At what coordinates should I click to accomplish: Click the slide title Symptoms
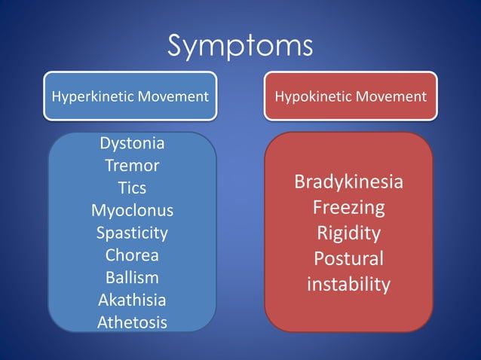[x=240, y=46]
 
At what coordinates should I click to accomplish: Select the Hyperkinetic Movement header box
[x=130, y=96]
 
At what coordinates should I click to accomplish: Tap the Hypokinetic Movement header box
[x=350, y=96]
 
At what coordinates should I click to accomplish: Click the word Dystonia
[x=132, y=142]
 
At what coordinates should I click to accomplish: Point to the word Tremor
[x=132, y=165]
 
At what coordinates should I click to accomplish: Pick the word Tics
[x=132, y=188]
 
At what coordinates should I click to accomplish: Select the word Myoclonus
[x=132, y=209]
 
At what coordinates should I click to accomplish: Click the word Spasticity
[x=132, y=232]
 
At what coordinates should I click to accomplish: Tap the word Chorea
[x=132, y=255]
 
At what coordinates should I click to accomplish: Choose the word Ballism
[x=132, y=277]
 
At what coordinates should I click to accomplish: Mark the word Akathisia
[x=132, y=300]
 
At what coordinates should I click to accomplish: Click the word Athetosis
[x=132, y=322]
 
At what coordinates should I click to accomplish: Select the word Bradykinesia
[x=348, y=182]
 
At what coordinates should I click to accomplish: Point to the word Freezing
[x=348, y=207]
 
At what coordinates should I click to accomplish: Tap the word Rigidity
[x=348, y=233]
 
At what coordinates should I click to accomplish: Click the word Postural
[x=348, y=258]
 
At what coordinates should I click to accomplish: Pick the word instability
[x=348, y=284]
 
